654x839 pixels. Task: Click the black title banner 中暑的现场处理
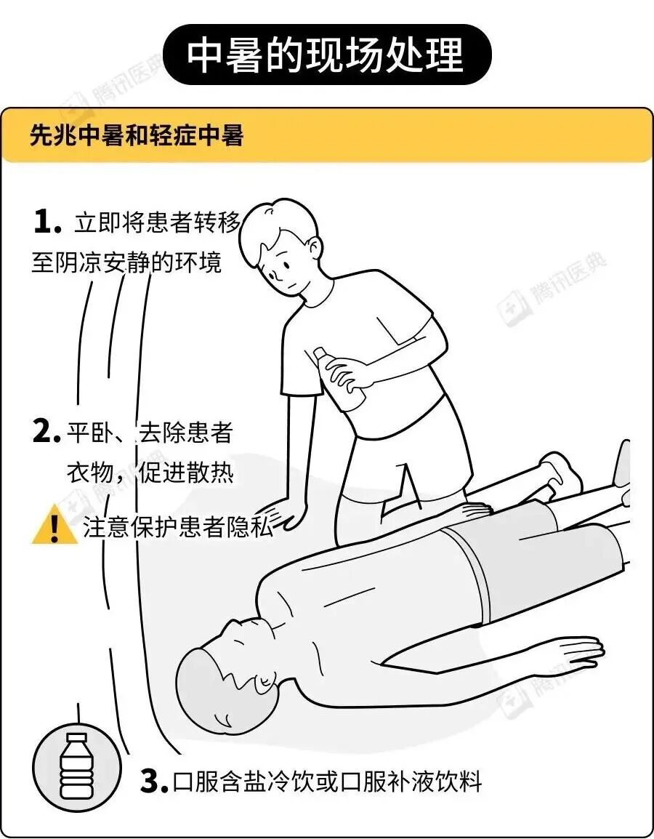(x=327, y=55)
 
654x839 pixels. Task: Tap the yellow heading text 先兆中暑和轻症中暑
(x=137, y=136)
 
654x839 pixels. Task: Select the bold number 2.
(x=47, y=432)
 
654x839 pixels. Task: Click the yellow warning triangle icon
(x=54, y=526)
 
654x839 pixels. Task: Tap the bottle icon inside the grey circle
(x=76, y=766)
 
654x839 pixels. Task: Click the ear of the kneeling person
(x=314, y=250)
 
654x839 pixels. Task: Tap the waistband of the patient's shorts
(x=469, y=572)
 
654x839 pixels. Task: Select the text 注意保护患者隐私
(x=178, y=526)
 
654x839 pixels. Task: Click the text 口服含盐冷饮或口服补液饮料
(x=328, y=782)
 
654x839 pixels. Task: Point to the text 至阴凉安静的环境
(x=126, y=262)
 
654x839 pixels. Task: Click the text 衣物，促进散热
(x=150, y=473)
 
